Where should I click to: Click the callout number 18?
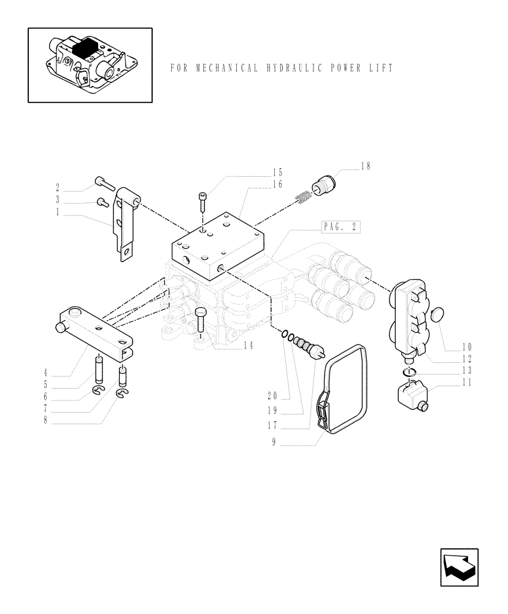[366, 166]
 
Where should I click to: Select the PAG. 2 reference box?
[341, 227]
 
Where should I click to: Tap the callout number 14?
[248, 346]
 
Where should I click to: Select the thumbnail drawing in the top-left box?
[90, 64]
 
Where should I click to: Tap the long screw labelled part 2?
[104, 182]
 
